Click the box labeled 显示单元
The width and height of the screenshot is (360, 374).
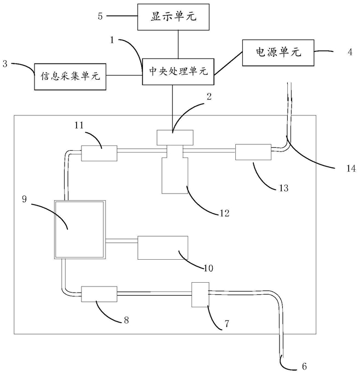coord(173,17)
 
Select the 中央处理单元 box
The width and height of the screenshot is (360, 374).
coord(178,72)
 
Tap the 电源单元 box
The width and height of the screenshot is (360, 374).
coord(278,52)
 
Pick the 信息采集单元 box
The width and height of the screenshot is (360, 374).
coord(70,77)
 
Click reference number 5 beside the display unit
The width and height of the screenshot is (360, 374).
coord(100,16)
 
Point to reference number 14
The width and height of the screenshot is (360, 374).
coord(351,168)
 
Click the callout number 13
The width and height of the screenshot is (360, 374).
coord(284,188)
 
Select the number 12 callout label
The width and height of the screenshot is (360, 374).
coord(225,213)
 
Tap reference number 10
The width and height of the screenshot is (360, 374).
coord(208,268)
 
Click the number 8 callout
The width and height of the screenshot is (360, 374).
coord(126,320)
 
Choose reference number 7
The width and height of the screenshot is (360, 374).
coord(227,324)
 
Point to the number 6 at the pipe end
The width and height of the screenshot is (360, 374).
coord(304,366)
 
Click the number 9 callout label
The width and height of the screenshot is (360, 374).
coord(25,199)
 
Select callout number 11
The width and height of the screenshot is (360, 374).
coord(79,125)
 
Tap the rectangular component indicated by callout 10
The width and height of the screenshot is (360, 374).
coord(163,248)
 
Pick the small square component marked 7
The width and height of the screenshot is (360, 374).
coord(201,295)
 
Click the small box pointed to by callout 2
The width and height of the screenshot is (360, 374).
coord(175,137)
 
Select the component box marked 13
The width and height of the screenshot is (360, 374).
coord(253,152)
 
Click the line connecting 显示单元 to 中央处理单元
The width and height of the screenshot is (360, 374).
coord(178,44)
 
